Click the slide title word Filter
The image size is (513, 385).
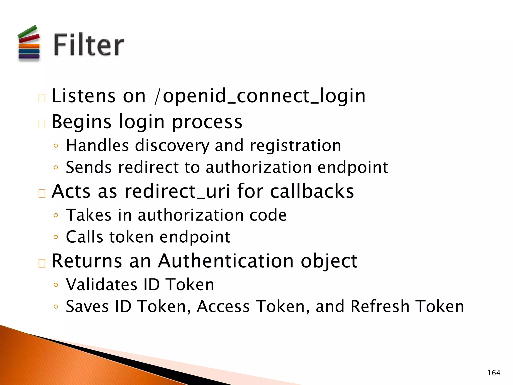89,45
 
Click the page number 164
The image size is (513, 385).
494,373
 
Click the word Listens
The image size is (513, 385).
84,96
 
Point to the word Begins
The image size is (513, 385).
81,122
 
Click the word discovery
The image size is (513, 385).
172,146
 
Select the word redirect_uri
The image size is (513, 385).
177,191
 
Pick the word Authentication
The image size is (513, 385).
226,261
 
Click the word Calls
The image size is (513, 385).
84,237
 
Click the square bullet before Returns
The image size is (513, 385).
42,263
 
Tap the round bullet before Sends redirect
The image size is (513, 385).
56,167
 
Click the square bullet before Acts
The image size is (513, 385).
42,194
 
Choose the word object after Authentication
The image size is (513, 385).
329,261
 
